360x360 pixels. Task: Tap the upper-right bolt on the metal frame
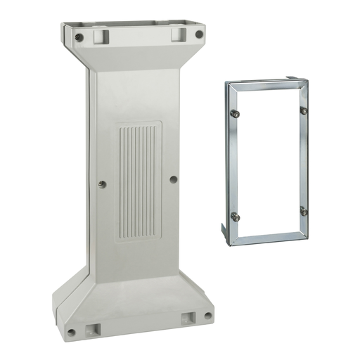(x=304, y=110)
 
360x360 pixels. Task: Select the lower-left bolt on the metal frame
(x=234, y=217)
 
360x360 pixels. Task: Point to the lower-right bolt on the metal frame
(x=303, y=211)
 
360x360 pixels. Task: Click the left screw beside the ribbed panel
(x=103, y=184)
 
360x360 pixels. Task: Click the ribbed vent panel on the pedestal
(x=138, y=180)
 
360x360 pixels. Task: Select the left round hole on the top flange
(x=79, y=37)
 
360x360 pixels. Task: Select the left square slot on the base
(x=91, y=328)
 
